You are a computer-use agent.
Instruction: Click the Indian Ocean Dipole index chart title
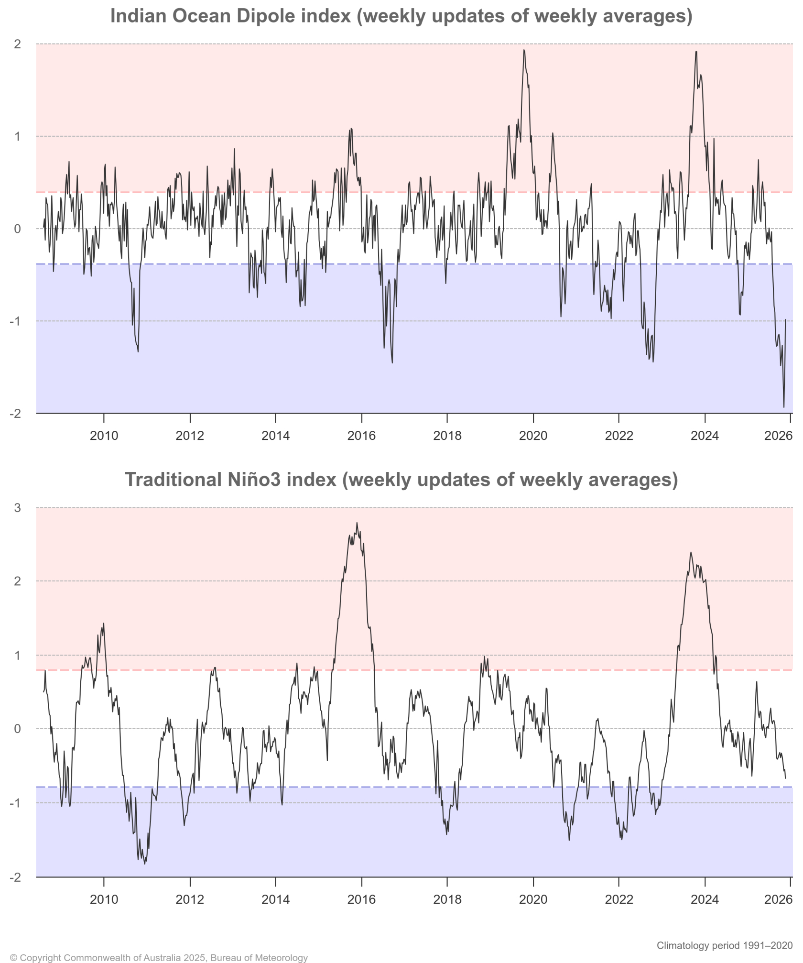point(401,16)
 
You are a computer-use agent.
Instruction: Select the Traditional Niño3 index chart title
point(401,480)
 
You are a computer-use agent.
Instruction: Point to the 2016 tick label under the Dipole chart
point(361,436)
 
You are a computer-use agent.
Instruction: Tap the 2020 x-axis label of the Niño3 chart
point(533,899)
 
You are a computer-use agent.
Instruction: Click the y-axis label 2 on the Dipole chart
point(18,44)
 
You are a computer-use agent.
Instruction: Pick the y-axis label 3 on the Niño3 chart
point(18,508)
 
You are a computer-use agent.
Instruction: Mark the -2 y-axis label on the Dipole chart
point(16,414)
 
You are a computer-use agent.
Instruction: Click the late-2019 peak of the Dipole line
point(524,50)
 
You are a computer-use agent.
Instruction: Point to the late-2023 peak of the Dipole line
point(696,52)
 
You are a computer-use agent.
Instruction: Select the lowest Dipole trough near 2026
point(784,407)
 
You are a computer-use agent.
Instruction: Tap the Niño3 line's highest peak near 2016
point(357,523)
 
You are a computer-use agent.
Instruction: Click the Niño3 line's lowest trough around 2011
point(145,864)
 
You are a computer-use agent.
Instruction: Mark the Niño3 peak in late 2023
point(691,553)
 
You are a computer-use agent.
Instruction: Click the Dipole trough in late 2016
point(392,362)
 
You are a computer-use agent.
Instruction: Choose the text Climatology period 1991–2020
point(724,945)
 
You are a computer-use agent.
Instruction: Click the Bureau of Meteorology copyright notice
point(159,958)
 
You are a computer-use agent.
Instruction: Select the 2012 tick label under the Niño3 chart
point(190,899)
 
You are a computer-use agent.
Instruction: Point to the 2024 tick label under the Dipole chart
point(705,436)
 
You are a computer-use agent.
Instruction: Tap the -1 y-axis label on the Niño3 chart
point(16,803)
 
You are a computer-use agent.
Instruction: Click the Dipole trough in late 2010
point(138,351)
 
